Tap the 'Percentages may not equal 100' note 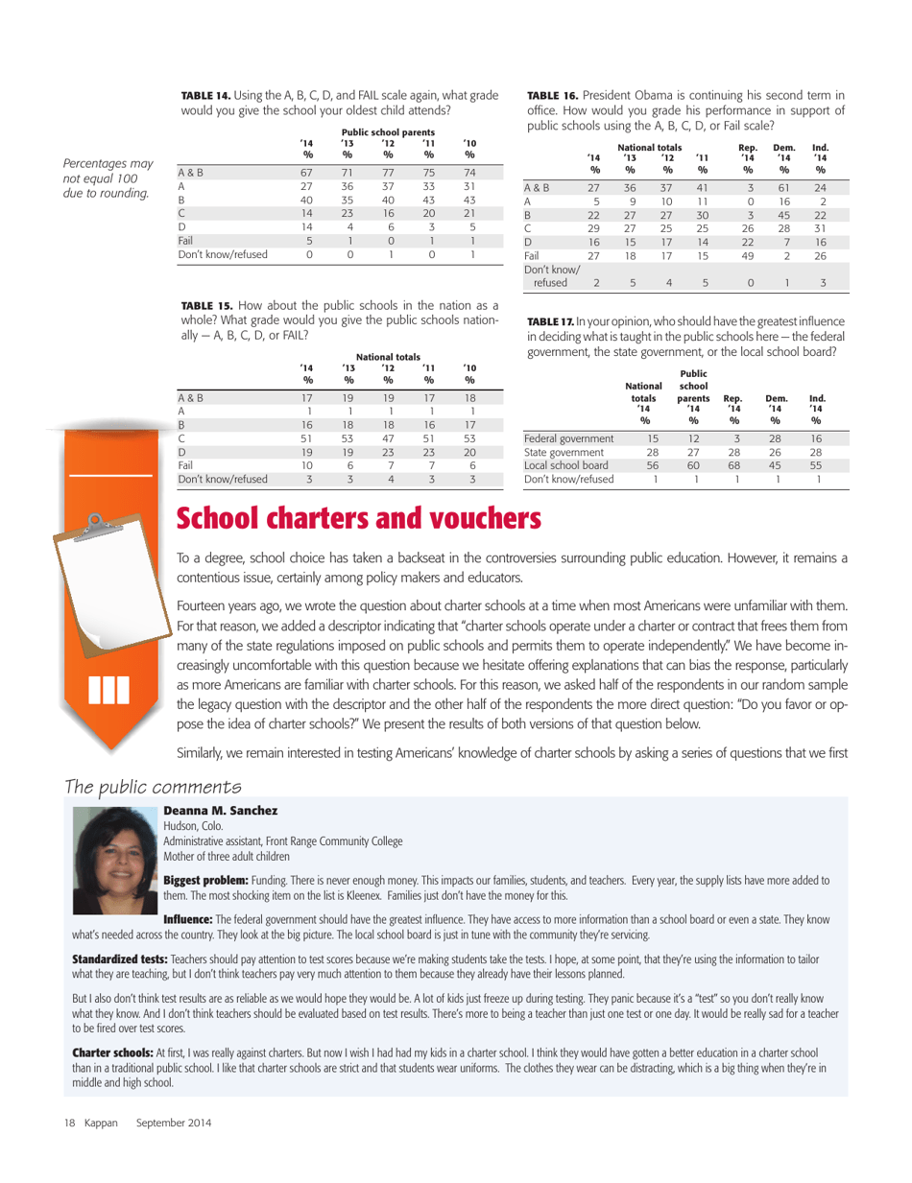[106, 154]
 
